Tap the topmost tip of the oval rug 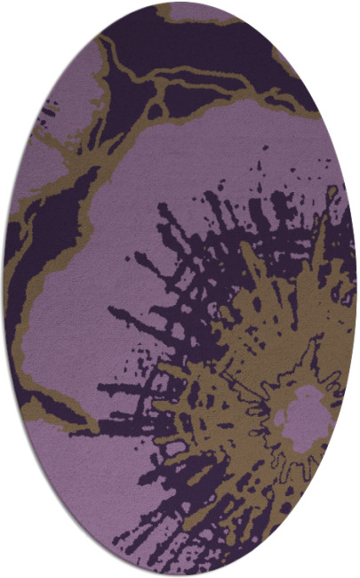(x=180, y=4)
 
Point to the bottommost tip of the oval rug (x=180, y=574)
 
